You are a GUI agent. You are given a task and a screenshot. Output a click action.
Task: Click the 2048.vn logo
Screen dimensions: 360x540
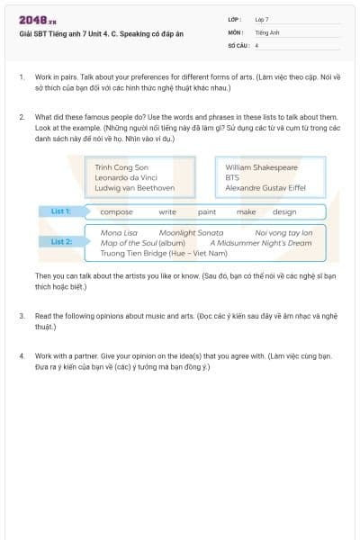pyautogui.click(x=38, y=20)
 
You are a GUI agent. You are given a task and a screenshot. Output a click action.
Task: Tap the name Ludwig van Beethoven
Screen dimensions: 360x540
pyautogui.click(x=134, y=189)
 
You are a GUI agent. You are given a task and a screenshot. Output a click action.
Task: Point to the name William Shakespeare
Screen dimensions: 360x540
pyautogui.click(x=261, y=167)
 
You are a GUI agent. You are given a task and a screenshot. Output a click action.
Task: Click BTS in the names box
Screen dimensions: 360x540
pyautogui.click(x=233, y=178)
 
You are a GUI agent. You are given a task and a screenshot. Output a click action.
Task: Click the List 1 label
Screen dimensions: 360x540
pyautogui.click(x=60, y=211)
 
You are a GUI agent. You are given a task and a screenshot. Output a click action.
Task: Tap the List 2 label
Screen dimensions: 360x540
pyautogui.click(x=60, y=241)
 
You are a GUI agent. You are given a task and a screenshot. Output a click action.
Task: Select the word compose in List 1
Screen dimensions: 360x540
pyautogui.click(x=116, y=212)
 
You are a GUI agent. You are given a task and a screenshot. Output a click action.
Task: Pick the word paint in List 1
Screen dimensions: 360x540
pyautogui.click(x=207, y=212)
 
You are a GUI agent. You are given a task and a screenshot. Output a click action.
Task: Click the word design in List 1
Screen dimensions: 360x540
pyautogui.click(x=284, y=212)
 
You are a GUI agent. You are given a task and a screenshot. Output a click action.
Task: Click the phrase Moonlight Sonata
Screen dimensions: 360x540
pyautogui.click(x=191, y=233)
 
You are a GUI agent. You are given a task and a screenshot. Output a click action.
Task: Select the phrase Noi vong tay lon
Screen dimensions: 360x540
pyautogui.click(x=283, y=233)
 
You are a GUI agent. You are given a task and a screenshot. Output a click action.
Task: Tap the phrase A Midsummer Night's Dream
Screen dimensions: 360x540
pyautogui.click(x=261, y=243)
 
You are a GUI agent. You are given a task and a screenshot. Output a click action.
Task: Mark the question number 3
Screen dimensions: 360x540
pyautogui.click(x=22, y=317)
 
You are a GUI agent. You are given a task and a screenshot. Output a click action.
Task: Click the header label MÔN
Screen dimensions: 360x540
pyautogui.click(x=236, y=31)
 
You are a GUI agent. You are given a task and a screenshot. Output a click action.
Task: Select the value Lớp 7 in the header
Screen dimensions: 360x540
pyautogui.click(x=262, y=19)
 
